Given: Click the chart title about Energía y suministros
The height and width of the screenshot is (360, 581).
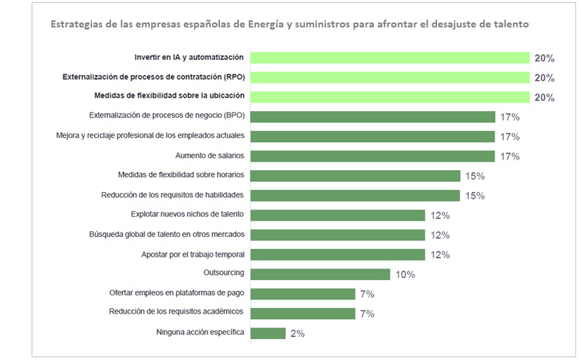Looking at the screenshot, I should coord(289,24).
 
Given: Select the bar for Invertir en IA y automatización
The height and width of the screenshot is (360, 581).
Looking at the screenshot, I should coord(389,58).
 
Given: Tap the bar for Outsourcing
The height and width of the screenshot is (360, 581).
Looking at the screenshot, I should coord(320,274).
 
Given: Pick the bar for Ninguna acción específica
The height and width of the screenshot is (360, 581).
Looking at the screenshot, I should coord(267,333).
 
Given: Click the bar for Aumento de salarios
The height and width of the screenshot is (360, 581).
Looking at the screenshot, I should coord(372,156).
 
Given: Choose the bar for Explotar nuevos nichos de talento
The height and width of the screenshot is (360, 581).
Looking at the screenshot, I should coord(337,215).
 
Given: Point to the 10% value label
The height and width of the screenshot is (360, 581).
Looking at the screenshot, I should coord(405,275).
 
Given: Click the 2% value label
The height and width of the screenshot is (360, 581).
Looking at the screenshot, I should coord(297,334).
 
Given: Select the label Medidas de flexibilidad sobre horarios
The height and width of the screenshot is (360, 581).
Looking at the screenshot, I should coord(181,175).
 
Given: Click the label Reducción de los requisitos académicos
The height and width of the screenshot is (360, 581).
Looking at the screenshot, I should coord(176,312).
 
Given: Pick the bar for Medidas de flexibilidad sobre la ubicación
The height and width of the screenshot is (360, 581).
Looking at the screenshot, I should coord(389,97).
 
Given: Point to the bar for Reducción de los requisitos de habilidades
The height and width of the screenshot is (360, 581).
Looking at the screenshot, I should coord(355,195).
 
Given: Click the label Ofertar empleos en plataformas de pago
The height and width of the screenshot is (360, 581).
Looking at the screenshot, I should coord(176,293).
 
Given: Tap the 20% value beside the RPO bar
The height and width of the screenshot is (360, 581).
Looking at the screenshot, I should coord(544,78).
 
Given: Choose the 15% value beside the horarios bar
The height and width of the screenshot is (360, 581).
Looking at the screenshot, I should coord(475,176).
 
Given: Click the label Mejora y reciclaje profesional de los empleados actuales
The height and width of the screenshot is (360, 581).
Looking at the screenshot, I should coord(150,136).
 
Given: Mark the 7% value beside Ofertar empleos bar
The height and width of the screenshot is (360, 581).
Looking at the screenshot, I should coord(367,295).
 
